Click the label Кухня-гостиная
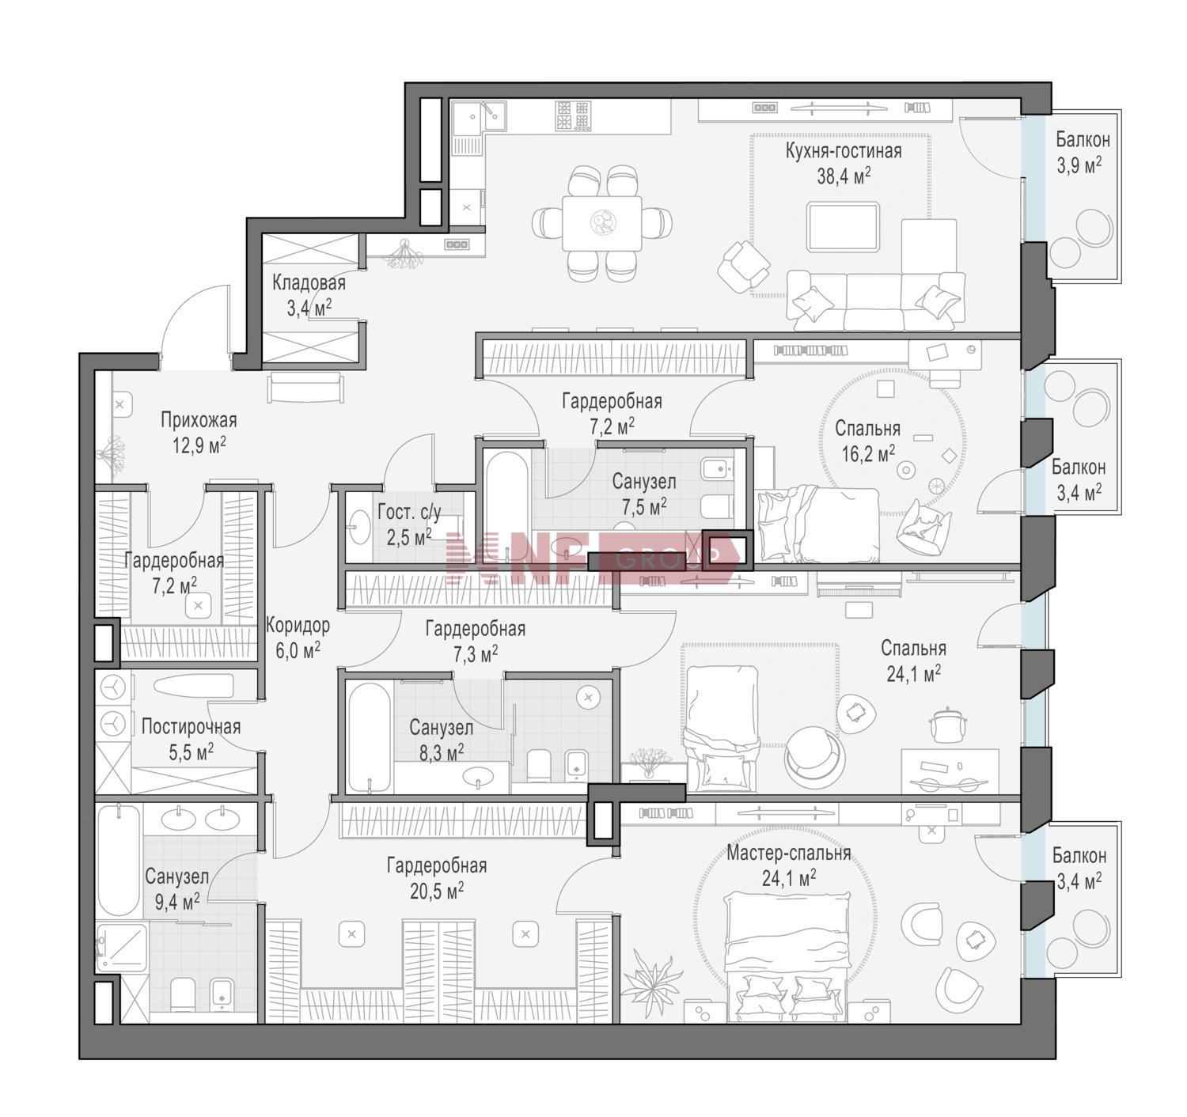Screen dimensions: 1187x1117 [843, 150]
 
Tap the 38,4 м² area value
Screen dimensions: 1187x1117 [844, 176]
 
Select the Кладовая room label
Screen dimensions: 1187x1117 [309, 282]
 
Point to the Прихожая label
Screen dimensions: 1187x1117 [199, 420]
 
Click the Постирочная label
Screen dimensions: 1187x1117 [191, 726]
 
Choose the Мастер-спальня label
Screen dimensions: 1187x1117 [788, 853]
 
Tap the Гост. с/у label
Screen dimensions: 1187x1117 [409, 512]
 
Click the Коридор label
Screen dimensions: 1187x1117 [297, 625]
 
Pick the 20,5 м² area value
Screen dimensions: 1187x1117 [436, 891]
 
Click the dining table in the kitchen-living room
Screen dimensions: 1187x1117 [601, 223]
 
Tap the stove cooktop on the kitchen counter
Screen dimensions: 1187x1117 [573, 115]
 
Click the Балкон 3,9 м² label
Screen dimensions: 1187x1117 [1083, 153]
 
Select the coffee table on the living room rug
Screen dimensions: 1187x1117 [843, 226]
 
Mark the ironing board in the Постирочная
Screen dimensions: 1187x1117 [193, 686]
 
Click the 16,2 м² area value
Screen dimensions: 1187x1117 [868, 453]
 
